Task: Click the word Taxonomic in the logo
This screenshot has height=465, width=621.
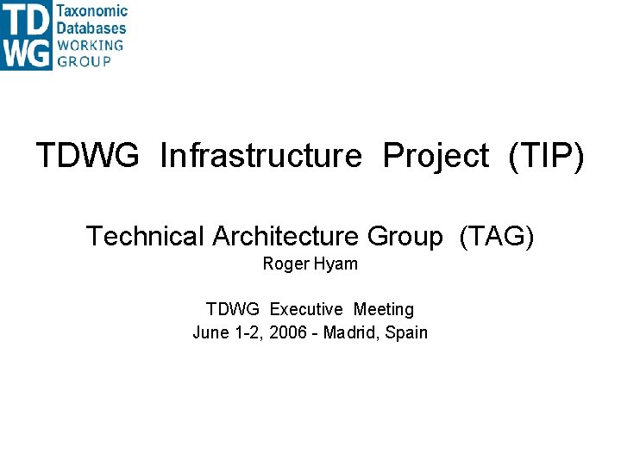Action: (91, 11)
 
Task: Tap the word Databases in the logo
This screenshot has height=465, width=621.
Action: (91, 28)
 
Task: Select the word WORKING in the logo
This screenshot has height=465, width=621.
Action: (91, 45)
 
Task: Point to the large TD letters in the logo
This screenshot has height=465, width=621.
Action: (26, 18)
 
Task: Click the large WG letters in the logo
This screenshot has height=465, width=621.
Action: (26, 53)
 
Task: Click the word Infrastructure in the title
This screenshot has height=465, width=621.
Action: (260, 156)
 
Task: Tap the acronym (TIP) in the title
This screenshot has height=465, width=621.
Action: (546, 156)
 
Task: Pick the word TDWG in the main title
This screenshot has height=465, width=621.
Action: (87, 156)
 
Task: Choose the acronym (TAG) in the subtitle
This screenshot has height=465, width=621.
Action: (497, 236)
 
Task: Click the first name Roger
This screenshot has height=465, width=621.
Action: (284, 264)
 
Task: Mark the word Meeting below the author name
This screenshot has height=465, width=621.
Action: (384, 309)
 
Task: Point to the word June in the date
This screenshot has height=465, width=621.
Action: (210, 332)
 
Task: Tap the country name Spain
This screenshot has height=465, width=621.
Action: (406, 332)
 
